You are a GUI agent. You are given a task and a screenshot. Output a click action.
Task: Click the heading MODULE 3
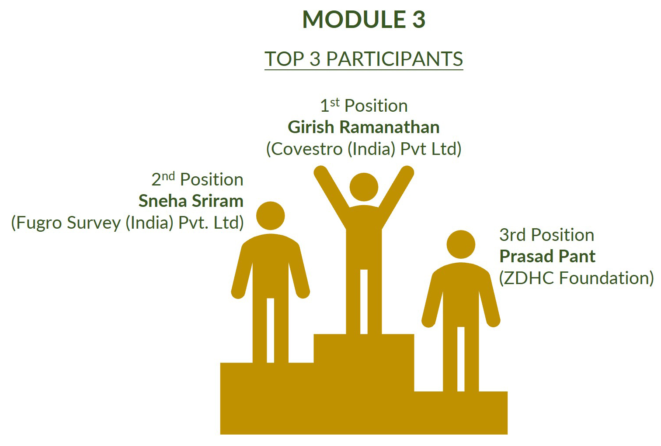pos(364,20)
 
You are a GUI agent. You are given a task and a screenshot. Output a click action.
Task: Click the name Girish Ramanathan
pos(364,127)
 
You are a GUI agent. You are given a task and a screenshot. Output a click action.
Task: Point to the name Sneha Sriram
pos(191,201)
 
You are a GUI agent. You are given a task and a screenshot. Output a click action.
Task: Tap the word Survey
pos(94,223)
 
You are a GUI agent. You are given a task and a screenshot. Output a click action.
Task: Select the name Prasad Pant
pos(547,256)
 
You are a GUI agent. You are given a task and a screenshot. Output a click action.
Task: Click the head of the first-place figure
pos(364,187)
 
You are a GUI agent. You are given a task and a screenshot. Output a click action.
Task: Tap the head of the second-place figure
pos(270,216)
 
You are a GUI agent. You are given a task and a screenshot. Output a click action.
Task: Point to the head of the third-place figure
pos(461,244)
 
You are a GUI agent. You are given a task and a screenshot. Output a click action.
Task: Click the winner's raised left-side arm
pos(332,193)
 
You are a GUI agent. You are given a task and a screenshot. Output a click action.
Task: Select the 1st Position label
pos(364,106)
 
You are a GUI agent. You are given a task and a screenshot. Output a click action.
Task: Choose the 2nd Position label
pos(197,179)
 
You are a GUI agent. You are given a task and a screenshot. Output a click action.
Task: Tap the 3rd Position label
pos(547,235)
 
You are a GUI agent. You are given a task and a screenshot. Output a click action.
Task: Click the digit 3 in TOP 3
pos(315,58)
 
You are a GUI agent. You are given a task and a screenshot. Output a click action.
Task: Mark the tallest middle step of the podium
pos(364,362)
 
